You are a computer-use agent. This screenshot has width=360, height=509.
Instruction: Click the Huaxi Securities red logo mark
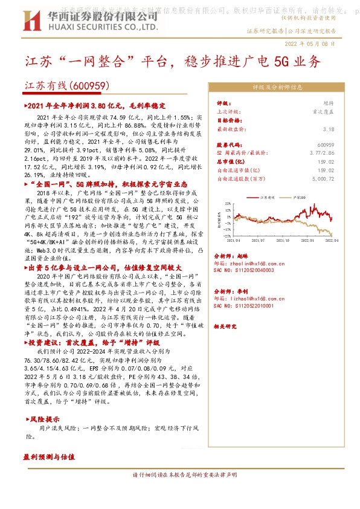tap(23, 19)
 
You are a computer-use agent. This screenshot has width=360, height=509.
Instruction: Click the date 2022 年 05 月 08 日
tap(309, 43)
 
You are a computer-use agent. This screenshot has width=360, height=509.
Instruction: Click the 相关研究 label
tap(225, 326)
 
